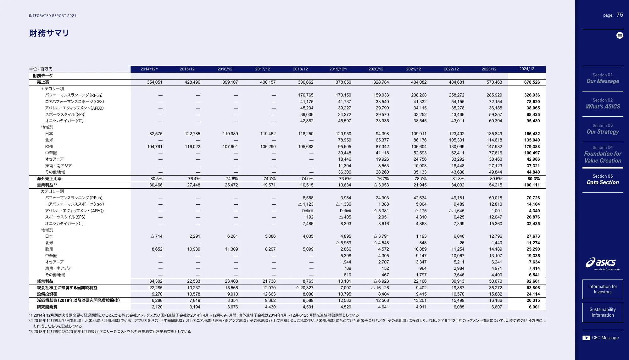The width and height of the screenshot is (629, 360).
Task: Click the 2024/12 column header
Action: pyautogui.click(x=526, y=69)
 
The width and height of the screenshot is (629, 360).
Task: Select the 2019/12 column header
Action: pyautogui.click(x=338, y=69)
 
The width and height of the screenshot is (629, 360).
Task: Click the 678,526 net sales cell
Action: pyautogui.click(x=532, y=82)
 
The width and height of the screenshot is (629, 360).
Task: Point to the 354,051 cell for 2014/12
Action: pyautogui.click(x=154, y=82)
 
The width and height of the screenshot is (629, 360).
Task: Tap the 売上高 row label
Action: pyautogui.click(x=43, y=82)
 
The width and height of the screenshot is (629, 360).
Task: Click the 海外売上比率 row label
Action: pyautogui.click(x=49, y=179)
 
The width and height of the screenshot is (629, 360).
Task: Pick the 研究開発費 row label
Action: pyautogui.click(x=47, y=307)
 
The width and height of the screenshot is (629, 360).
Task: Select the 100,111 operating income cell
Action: pyautogui.click(x=532, y=185)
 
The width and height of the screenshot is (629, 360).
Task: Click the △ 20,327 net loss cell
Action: pyautogui.click(x=304, y=288)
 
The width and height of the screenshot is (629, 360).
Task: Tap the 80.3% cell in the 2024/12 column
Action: pyautogui.click(x=533, y=179)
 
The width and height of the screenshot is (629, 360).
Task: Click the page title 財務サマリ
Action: pyautogui.click(x=49, y=33)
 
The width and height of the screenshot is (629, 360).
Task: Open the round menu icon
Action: pyautogui.click(x=620, y=35)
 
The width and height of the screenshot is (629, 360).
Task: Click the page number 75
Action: pyautogui.click(x=620, y=15)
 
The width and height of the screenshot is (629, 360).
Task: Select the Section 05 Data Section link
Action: pyautogui.click(x=603, y=180)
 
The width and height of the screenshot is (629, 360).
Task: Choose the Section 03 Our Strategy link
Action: pyautogui.click(x=603, y=129)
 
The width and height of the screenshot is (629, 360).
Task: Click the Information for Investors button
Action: pyautogui.click(x=603, y=289)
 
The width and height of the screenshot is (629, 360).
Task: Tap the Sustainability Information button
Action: pyautogui.click(x=603, y=312)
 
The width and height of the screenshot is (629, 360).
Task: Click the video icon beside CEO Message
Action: pyautogui.click(x=586, y=338)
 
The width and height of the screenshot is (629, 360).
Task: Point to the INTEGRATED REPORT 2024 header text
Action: pyautogui.click(x=53, y=16)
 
